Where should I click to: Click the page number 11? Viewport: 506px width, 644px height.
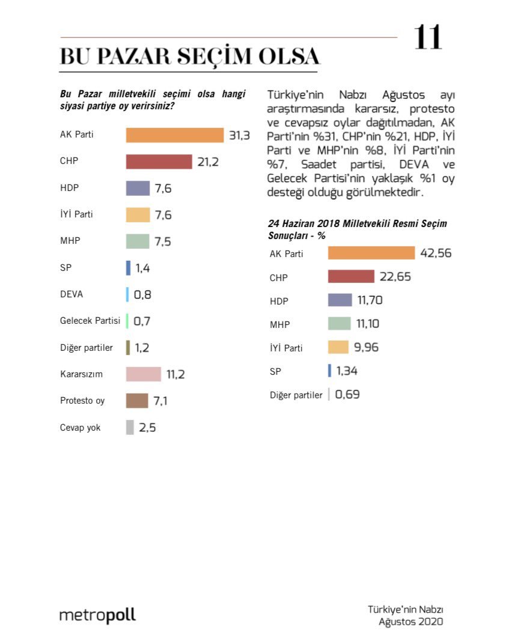(427, 38)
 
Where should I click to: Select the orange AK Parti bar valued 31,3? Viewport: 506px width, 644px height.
(174, 135)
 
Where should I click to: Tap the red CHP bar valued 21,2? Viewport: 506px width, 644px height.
(159, 162)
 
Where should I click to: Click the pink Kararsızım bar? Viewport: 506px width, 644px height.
(144, 374)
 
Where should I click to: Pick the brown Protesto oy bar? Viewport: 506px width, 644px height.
(137, 401)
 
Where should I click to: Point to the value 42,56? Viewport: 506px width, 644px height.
(436, 253)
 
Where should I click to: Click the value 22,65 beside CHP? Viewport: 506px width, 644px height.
(395, 276)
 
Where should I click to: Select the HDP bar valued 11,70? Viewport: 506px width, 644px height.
(340, 300)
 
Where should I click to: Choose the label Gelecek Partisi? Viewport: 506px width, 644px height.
(90, 321)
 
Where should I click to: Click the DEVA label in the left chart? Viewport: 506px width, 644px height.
(72, 294)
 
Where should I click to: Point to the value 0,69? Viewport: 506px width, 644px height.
(347, 395)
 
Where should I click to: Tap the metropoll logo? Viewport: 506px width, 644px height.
(97, 616)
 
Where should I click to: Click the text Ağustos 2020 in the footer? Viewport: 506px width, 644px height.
(410, 622)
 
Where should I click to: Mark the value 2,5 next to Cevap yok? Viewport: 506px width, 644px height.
(147, 428)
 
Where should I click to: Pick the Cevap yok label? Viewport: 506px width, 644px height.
(81, 427)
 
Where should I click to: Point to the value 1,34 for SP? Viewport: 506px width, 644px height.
(347, 371)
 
